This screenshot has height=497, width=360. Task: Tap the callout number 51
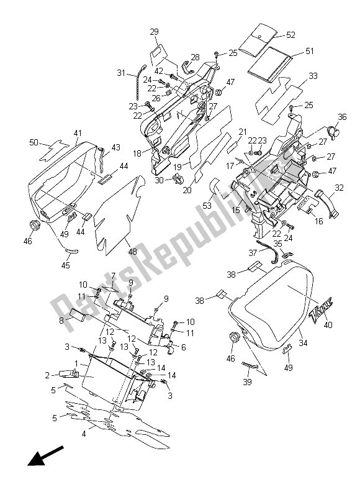pyautogui.click(x=308, y=52)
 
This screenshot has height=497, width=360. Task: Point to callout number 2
pyautogui.click(x=46, y=375)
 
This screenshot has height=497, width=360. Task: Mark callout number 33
pyautogui.click(x=312, y=76)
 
